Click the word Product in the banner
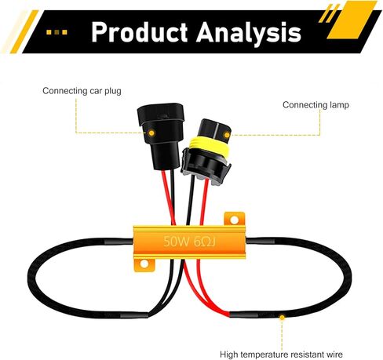(x=140, y=32)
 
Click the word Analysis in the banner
(x=249, y=34)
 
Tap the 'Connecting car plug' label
(x=82, y=91)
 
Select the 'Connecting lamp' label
(x=316, y=105)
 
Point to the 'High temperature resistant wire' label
(x=281, y=355)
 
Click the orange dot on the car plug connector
(x=151, y=133)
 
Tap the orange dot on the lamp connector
(x=227, y=135)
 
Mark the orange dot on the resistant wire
(x=282, y=318)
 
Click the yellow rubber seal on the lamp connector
(x=210, y=145)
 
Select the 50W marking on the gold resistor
(x=176, y=242)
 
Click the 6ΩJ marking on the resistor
(x=205, y=242)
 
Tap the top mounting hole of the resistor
(x=235, y=220)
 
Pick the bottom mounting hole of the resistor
(x=144, y=264)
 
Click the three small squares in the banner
(x=57, y=32)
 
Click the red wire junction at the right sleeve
(x=230, y=314)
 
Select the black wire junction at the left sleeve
(x=148, y=314)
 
